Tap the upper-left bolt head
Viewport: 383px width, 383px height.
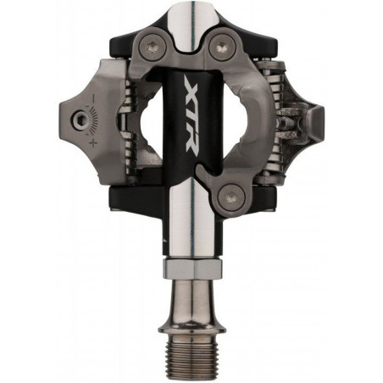coord(153,47)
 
